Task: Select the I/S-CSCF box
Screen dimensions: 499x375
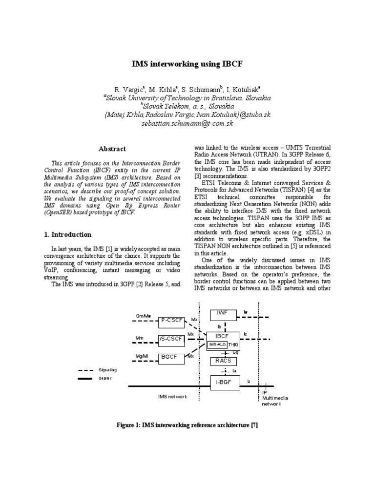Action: tap(171, 339)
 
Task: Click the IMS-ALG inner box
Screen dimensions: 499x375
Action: tap(217, 345)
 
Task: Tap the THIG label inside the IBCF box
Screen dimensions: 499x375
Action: tap(234, 345)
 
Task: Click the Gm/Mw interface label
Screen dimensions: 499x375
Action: tap(144, 316)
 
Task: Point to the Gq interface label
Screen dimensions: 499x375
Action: tap(235, 352)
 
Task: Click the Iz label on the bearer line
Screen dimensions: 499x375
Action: tap(249, 382)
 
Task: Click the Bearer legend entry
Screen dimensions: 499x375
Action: tap(105, 378)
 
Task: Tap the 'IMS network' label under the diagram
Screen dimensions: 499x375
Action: tap(172, 397)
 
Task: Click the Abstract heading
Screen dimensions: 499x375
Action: tap(112, 149)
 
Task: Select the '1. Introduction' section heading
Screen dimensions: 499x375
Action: tap(67, 234)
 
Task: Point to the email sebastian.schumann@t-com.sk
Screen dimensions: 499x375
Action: tap(187, 124)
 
